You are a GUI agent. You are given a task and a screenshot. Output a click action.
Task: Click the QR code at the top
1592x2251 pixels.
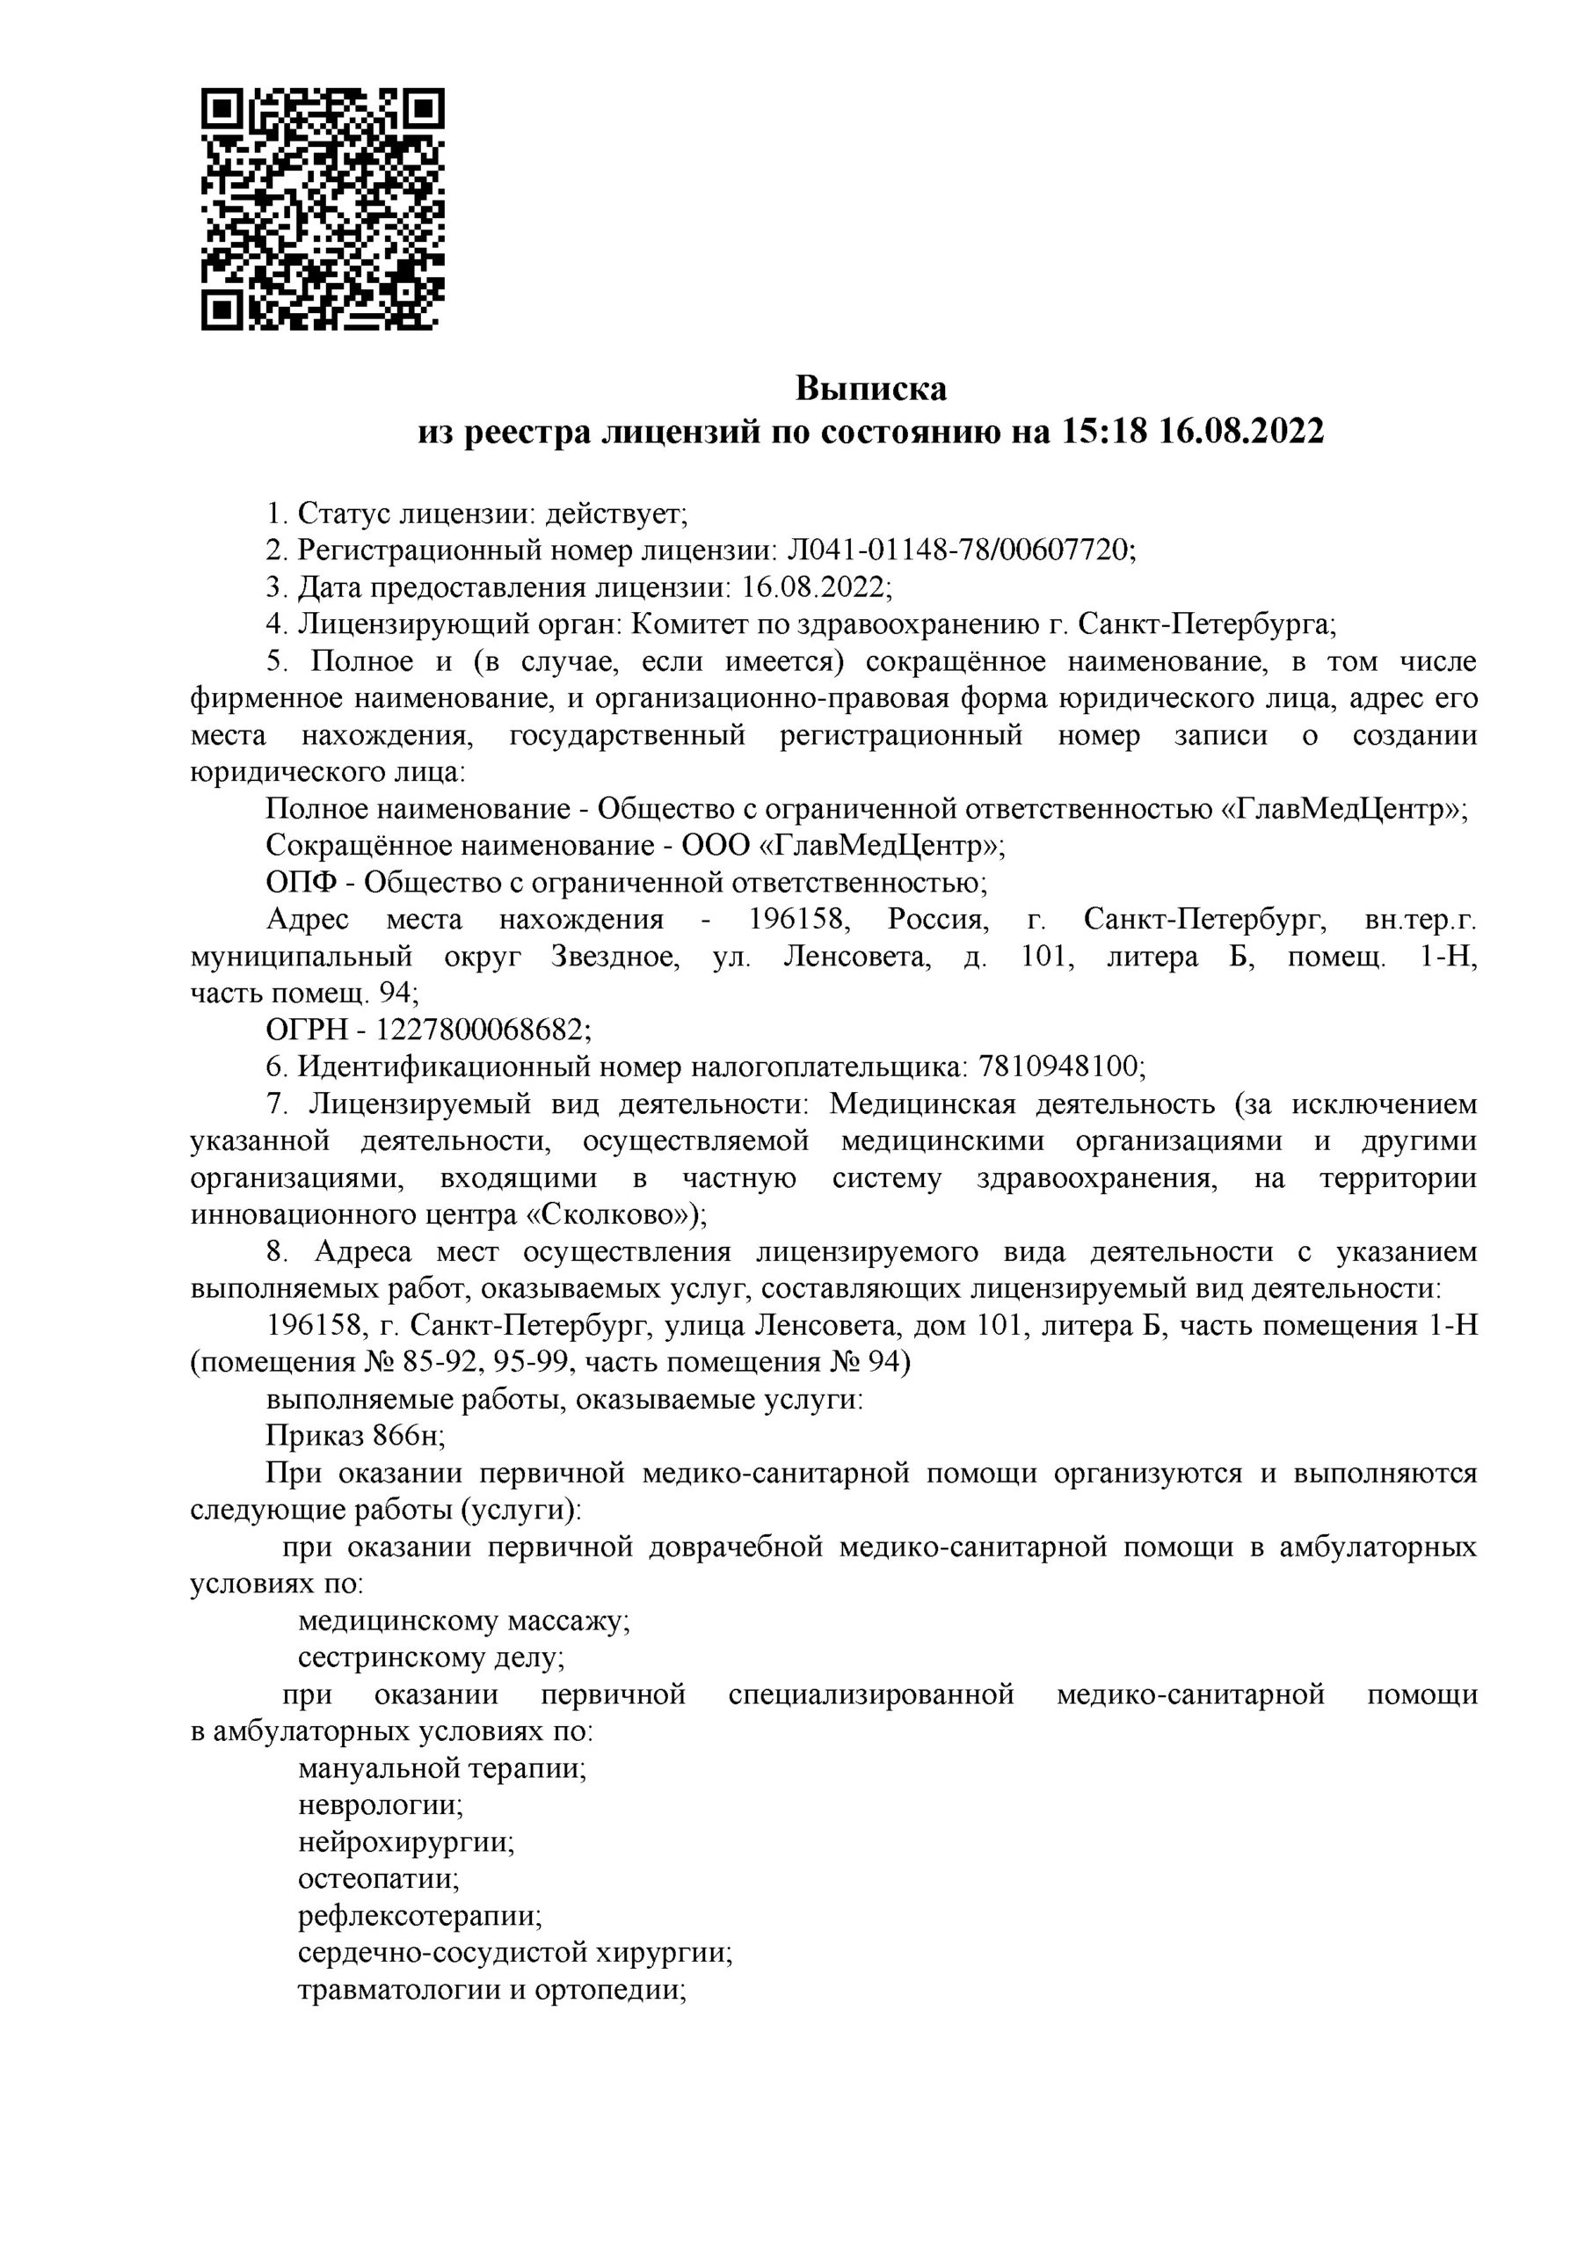click(x=323, y=208)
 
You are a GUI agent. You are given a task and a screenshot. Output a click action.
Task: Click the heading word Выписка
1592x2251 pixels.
click(x=870, y=390)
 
